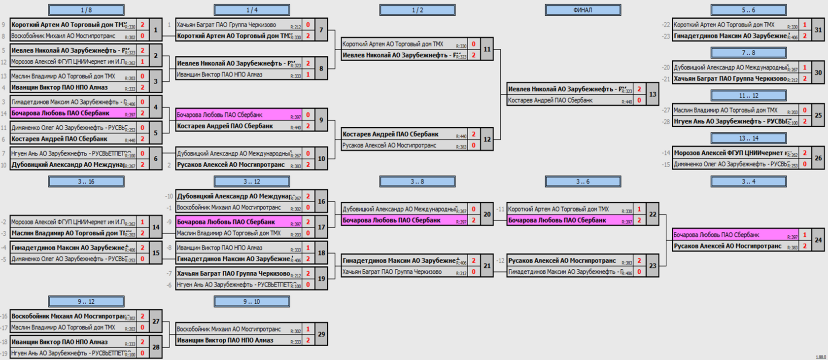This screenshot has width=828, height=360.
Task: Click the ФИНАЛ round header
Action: [583, 10]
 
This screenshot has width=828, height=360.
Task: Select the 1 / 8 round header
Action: [86, 10]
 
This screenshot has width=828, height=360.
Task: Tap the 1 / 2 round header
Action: [417, 10]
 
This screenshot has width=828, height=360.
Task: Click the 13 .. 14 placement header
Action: [748, 139]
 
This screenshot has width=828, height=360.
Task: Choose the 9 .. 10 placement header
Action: [251, 301]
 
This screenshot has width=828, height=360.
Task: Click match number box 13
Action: [653, 94]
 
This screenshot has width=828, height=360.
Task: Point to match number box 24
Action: [818, 240]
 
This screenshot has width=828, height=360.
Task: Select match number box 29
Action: [321, 334]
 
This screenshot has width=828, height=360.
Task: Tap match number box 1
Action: [156, 30]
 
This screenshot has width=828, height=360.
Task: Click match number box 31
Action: [818, 30]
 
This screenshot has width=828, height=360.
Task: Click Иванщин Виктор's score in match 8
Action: [308, 74]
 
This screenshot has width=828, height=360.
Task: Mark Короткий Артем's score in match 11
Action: [474, 44]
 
